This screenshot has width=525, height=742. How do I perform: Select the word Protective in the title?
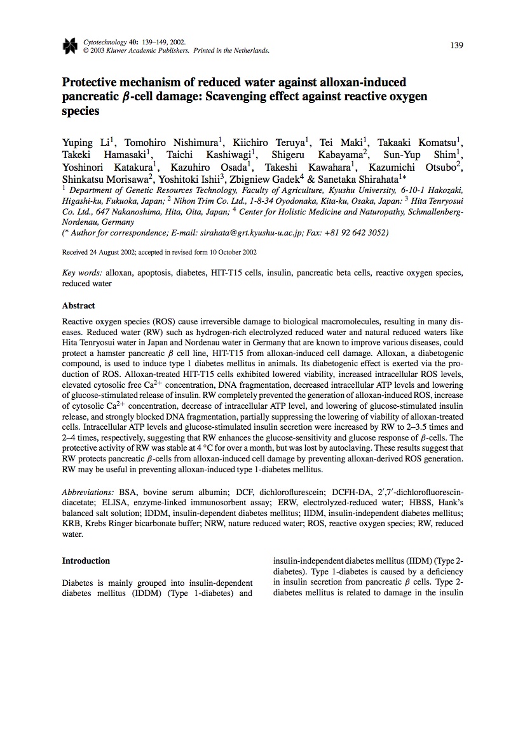89,83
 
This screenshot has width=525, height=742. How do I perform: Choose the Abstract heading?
78,305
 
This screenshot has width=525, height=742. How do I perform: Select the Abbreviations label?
88,492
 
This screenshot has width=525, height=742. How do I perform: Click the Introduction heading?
86,560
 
